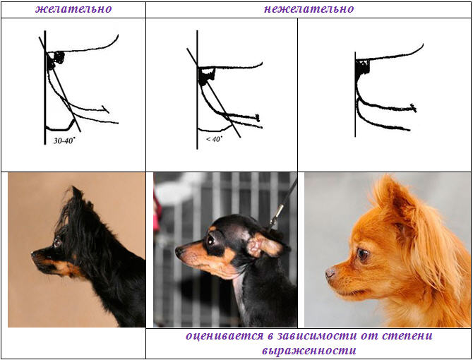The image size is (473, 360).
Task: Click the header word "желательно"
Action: [x=73, y=9]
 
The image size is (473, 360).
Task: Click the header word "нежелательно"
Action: [x=309, y=9]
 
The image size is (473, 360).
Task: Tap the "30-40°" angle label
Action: [x=64, y=140]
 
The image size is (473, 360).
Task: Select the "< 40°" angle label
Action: [x=214, y=139]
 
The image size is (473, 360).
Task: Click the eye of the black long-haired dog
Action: [x=57, y=241]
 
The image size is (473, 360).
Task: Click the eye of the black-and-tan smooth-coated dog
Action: [x=211, y=240]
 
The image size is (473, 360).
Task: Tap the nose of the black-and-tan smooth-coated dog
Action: [x=179, y=251]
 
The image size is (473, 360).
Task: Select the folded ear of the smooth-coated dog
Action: [x=264, y=245]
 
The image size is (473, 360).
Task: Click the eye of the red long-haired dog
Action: [x=363, y=255]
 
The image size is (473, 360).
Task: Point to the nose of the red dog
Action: [x=330, y=273]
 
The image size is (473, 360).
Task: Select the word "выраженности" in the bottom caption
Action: [x=309, y=351]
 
